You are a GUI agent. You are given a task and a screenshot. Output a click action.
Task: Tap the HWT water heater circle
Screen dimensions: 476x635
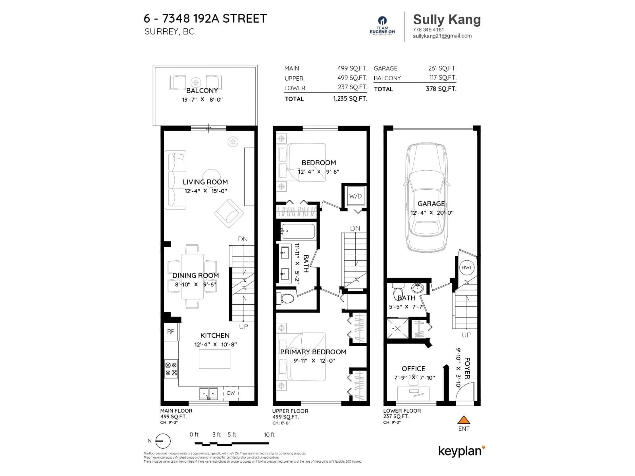[x=466, y=267]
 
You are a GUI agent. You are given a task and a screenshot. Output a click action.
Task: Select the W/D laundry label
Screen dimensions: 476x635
[x=355, y=196]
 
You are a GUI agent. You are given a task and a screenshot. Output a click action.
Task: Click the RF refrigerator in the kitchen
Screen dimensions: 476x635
[x=170, y=332]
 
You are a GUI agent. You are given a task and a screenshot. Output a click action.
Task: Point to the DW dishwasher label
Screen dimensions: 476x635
[x=231, y=393]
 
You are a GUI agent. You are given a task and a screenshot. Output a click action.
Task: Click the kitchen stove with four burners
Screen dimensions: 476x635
[x=171, y=369]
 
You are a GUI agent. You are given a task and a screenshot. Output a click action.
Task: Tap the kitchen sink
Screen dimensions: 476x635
[x=208, y=393]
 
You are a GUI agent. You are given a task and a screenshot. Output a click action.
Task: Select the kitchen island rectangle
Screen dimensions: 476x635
[x=214, y=359]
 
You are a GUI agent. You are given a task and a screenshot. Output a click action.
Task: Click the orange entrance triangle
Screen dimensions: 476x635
[x=464, y=420]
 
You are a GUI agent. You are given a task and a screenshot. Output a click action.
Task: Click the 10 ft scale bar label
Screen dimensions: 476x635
[x=269, y=435]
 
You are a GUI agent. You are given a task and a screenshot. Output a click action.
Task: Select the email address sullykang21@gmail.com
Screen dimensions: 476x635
[x=442, y=36]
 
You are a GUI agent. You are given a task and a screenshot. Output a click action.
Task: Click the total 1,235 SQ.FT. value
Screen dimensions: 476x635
[x=350, y=99]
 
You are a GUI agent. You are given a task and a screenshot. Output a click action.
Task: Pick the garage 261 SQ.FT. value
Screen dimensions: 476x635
[x=442, y=68]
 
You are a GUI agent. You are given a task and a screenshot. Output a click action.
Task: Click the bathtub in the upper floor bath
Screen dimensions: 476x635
[x=298, y=231]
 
